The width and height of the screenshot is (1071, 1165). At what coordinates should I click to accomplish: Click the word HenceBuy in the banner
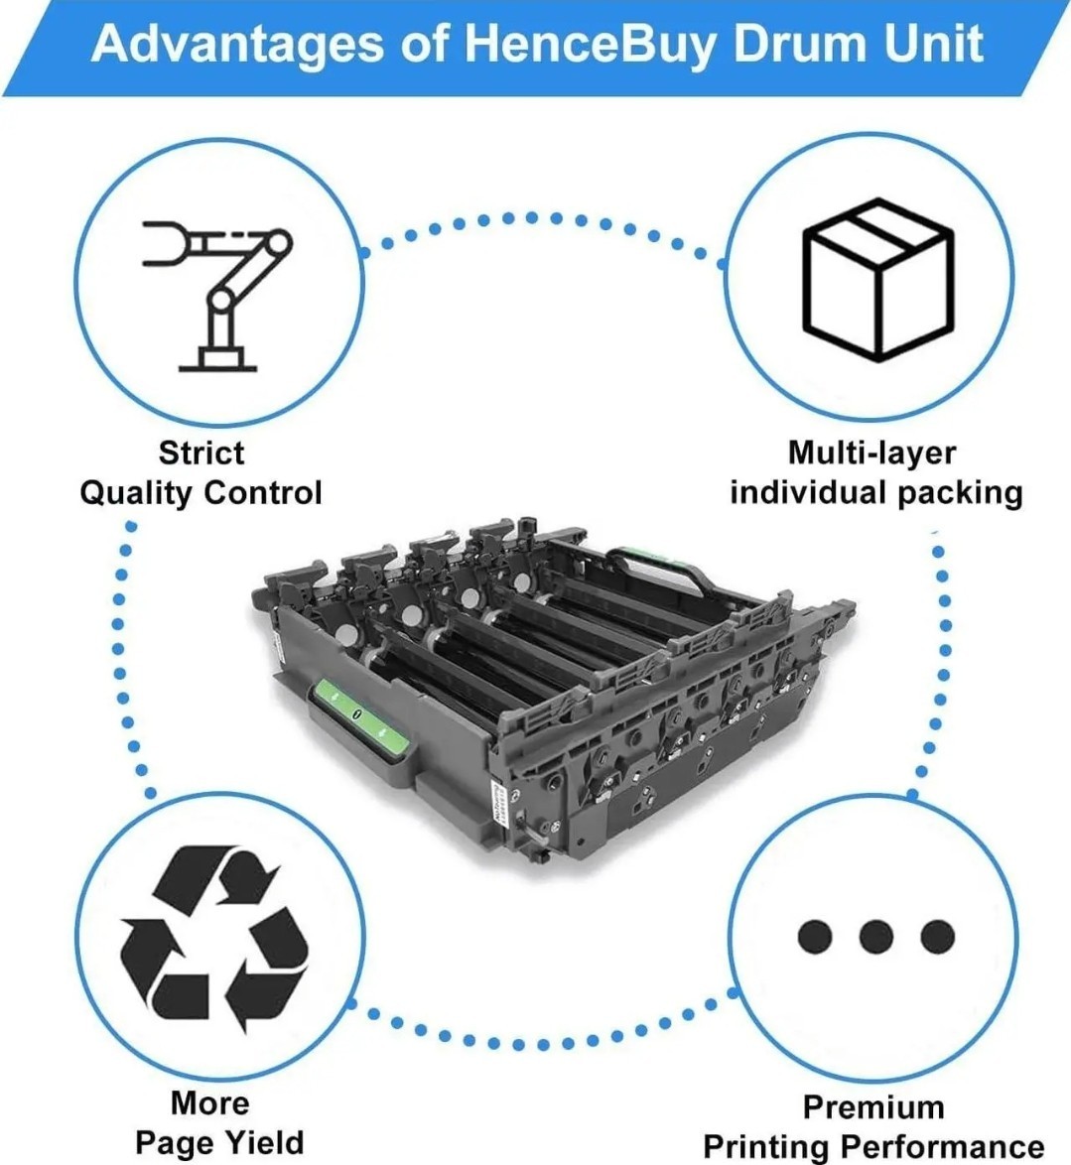(x=591, y=45)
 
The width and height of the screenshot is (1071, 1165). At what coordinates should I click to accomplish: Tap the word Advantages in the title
(x=237, y=45)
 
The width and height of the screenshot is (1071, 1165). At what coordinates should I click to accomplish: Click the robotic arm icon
(x=217, y=296)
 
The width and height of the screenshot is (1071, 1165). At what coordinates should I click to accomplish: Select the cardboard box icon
(x=877, y=280)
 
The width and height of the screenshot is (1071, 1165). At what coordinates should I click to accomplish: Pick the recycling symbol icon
(x=214, y=939)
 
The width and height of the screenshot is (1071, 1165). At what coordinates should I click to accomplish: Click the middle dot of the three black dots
(x=875, y=936)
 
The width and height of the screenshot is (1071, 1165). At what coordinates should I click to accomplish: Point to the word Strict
(x=201, y=453)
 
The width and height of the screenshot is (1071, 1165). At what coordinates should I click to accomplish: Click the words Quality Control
(x=201, y=493)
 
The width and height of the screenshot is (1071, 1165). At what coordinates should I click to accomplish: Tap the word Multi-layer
(x=871, y=453)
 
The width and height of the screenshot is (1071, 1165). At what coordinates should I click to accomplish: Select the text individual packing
(x=876, y=493)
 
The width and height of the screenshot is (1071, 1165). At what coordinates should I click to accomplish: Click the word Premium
(x=873, y=1107)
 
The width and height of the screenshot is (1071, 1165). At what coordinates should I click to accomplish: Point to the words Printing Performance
(x=873, y=1146)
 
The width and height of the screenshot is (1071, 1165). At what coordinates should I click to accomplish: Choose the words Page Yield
(x=219, y=1143)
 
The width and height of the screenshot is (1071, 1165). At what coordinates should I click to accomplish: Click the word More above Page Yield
(x=209, y=1102)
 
